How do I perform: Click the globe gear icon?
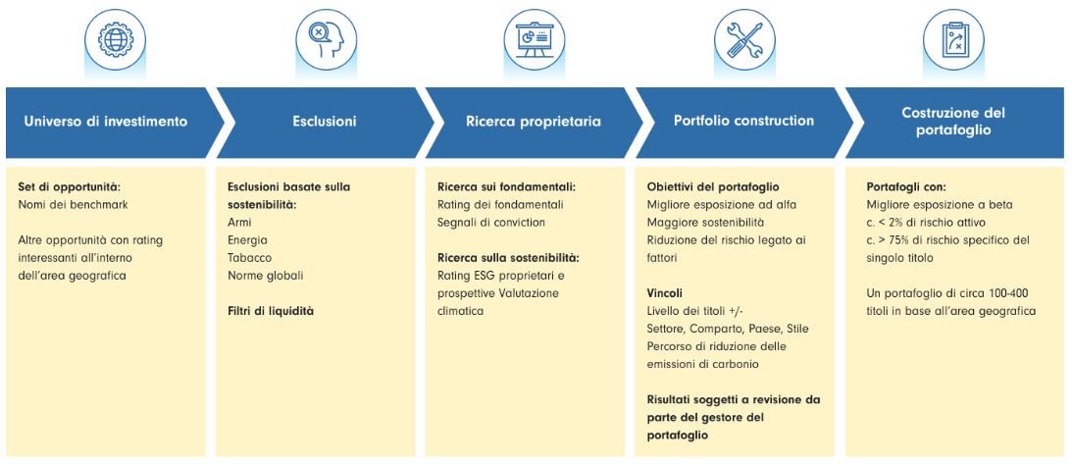115,39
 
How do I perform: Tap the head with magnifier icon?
327,39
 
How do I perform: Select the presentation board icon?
535,39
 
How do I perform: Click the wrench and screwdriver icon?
744,39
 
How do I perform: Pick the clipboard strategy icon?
953,39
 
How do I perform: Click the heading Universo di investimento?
105,123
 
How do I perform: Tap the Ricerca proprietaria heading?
534,123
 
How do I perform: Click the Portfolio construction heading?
743,121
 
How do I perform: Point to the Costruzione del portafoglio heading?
953,121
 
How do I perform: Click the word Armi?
239,223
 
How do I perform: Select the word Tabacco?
249,258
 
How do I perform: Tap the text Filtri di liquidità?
270,311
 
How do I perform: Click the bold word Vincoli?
665,293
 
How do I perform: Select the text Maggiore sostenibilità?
705,222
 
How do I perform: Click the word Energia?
247,240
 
